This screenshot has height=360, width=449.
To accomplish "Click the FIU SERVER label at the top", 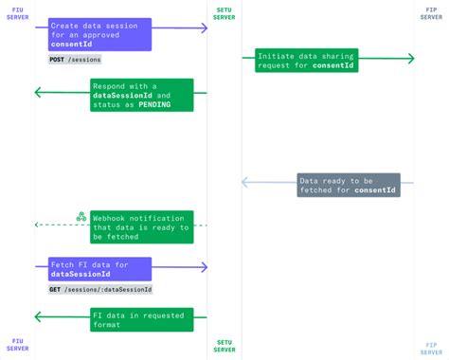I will coord(18,13).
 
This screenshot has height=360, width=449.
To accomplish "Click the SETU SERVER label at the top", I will coord(224,13).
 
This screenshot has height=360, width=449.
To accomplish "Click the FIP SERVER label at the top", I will coord(431,13).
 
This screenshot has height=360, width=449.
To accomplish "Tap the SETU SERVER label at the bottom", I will coord(224,346).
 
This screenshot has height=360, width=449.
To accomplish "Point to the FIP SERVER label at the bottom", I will coord(431,346).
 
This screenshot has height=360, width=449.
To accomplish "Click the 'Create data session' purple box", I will coord(99,34).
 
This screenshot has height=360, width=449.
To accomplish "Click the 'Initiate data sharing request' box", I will coord(307,62).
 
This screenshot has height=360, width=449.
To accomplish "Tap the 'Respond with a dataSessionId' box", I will coord(142,96).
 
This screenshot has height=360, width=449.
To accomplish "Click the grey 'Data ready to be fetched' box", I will coord(348,184).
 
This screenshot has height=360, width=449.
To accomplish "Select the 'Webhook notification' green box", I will coord(142,226).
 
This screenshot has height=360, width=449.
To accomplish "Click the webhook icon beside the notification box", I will coord(81,217).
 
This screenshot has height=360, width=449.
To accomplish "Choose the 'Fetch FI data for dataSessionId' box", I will coord(99,269).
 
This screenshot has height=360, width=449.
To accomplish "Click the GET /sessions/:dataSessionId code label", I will coord(101,289).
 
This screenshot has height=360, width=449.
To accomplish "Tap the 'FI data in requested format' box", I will coord(142,319).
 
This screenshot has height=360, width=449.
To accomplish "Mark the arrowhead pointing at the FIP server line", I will coord(411,59).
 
